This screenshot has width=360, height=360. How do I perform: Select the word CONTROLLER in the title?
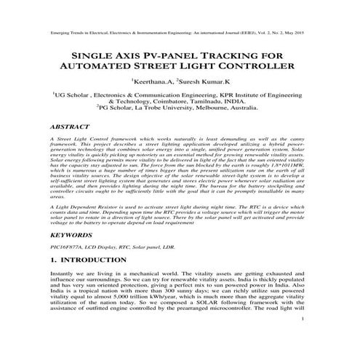249,68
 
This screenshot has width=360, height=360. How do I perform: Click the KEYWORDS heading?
71,236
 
